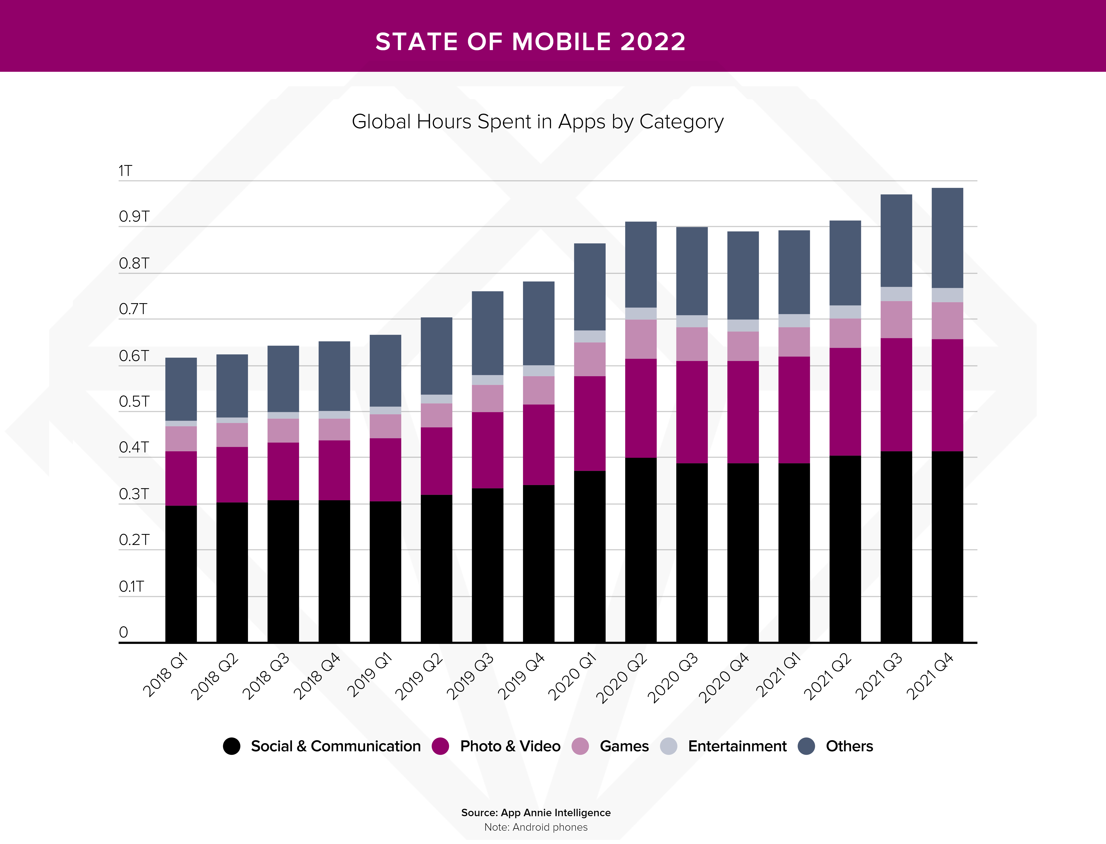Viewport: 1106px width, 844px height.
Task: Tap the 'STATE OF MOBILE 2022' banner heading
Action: [530, 42]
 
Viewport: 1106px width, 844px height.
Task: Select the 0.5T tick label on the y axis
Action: [134, 402]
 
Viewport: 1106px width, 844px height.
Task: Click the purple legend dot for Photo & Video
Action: [440, 746]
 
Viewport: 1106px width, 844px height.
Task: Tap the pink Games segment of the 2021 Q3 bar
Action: [896, 319]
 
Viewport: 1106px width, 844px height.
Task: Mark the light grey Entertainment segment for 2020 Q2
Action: [641, 314]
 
